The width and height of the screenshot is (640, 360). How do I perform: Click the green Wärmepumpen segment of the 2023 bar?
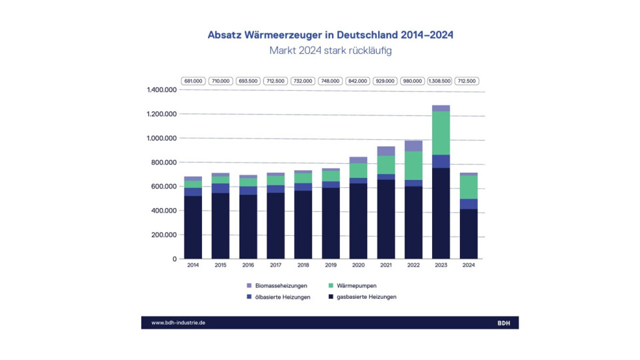click(x=441, y=133)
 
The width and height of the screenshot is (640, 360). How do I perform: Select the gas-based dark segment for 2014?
click(x=193, y=227)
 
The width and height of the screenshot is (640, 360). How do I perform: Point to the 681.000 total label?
click(x=193, y=81)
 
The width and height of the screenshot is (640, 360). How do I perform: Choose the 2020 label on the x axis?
click(x=358, y=265)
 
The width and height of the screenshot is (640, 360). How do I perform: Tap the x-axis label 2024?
click(x=468, y=265)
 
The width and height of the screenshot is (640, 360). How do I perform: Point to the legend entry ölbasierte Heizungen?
click(x=283, y=297)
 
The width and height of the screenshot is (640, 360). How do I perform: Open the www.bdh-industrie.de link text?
click(x=178, y=323)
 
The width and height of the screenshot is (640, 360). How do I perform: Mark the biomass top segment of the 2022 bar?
click(x=413, y=146)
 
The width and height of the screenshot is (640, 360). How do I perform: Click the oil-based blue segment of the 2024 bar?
click(x=468, y=204)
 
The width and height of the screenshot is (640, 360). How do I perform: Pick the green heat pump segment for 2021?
click(x=386, y=165)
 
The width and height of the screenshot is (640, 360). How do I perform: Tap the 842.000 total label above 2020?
click(x=358, y=81)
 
